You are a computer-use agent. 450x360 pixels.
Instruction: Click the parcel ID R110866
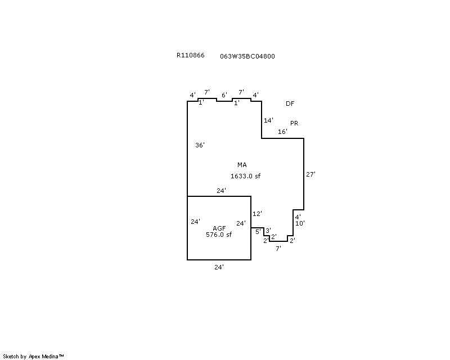(x=190, y=55)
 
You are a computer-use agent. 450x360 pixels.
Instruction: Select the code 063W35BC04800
(x=247, y=56)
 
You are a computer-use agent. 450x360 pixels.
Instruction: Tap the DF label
(x=290, y=103)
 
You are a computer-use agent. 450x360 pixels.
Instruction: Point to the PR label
(x=294, y=123)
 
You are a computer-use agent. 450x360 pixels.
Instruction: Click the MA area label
(x=242, y=165)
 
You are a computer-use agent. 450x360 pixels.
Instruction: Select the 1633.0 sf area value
(x=245, y=176)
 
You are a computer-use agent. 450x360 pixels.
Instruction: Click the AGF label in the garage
(x=219, y=228)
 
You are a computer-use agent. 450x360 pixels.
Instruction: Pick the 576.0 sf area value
(x=219, y=235)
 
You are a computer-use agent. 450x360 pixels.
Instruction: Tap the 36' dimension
(x=200, y=145)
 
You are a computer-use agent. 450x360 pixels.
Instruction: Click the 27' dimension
(x=310, y=174)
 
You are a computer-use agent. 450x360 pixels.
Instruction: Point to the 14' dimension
(x=268, y=120)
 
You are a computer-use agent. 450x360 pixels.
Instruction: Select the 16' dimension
(x=282, y=132)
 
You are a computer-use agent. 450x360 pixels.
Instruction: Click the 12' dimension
(x=257, y=214)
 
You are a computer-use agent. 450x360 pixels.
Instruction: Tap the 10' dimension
(x=300, y=223)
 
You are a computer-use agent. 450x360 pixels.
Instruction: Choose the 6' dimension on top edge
(x=224, y=94)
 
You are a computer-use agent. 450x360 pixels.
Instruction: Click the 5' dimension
(x=258, y=231)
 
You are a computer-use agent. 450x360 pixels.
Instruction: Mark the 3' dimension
(x=268, y=230)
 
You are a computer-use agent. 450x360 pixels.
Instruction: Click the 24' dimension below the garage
(x=219, y=267)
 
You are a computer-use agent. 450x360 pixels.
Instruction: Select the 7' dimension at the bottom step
(x=278, y=248)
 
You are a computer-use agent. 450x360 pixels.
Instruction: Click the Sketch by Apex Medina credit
(x=33, y=357)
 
